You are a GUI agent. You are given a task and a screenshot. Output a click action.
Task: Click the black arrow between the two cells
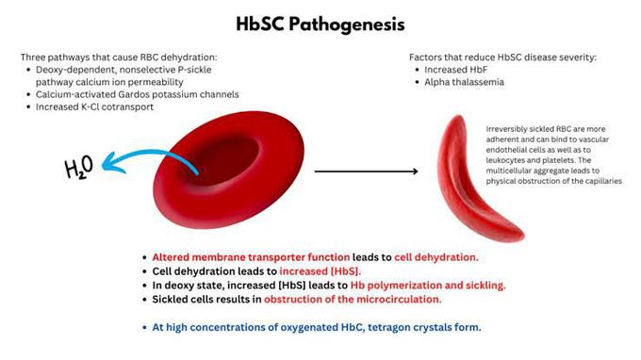point(366,172)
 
